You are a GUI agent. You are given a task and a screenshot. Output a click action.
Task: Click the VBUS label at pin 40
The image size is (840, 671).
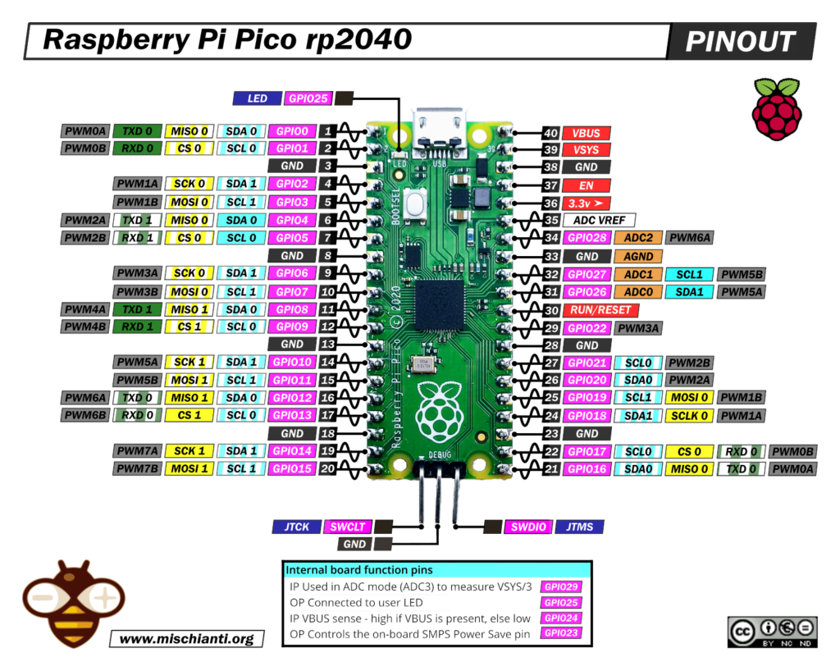point(586,132)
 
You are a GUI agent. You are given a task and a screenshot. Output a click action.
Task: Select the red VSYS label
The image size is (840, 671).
point(586,150)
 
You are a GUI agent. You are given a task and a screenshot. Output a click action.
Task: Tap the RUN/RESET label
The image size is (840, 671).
point(601,310)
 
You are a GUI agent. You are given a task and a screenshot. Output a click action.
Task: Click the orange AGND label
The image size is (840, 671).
point(639,257)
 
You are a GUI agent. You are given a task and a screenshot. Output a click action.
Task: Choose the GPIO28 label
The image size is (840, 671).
point(586,238)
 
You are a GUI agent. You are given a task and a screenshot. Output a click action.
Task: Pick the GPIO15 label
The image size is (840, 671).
point(291,468)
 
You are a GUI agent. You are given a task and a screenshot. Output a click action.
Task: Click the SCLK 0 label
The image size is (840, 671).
point(690,416)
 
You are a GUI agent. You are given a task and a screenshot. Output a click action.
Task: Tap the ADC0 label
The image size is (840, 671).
point(639,292)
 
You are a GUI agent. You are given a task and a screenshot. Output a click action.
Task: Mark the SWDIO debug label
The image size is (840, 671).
point(527,527)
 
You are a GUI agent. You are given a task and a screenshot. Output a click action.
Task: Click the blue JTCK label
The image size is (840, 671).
point(295,527)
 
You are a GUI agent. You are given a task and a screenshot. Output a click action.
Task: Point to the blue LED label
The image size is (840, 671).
point(257,98)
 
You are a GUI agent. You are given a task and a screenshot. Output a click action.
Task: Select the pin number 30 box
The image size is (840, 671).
point(551,310)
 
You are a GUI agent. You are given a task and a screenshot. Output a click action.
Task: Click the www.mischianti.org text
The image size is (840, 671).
point(187,638)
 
